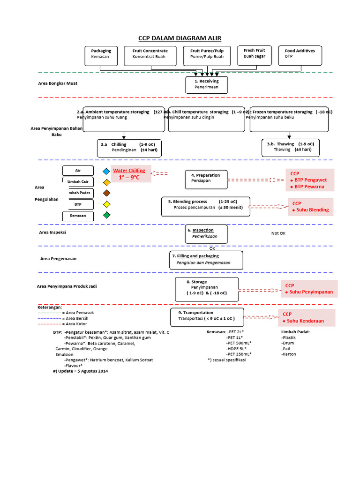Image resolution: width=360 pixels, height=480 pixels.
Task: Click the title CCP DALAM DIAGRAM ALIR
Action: click(180, 38)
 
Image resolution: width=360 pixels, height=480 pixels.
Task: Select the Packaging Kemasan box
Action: click(102, 55)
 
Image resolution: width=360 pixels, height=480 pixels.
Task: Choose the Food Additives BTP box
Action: click(300, 55)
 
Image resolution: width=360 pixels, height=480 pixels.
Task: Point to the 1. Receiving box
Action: click(207, 84)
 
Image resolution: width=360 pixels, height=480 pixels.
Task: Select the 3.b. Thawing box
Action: click(290, 147)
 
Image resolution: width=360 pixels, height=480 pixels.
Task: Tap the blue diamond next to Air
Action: click(107, 171)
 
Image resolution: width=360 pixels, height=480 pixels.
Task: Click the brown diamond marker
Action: click(107, 193)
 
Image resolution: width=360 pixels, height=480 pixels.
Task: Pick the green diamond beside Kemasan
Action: click(107, 215)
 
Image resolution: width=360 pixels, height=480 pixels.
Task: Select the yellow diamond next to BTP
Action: click(107, 204)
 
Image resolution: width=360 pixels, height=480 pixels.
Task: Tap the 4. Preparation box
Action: click(206, 179)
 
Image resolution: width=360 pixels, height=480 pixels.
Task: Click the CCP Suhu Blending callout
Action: click(310, 207)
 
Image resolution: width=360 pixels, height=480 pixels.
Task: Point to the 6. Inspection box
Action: click(207, 233)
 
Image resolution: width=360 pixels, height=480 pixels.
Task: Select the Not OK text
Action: click(278, 233)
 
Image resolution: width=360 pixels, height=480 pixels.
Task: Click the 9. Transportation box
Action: click(207, 316)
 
